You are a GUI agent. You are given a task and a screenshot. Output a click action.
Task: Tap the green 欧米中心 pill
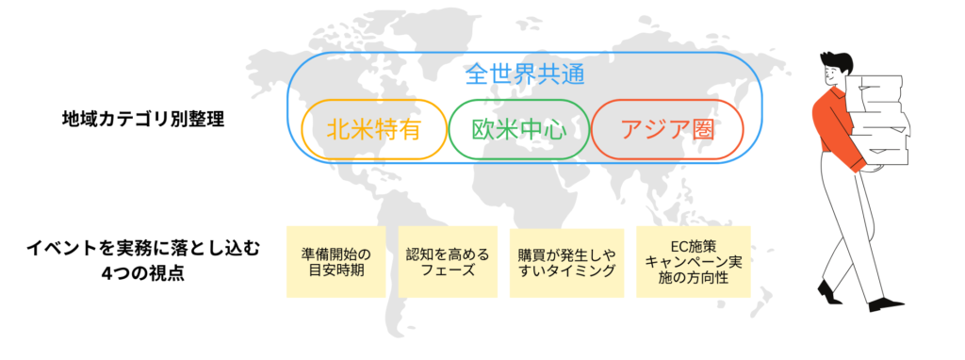pyautogui.click(x=518, y=128)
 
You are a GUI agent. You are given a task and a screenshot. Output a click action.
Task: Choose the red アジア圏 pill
pyautogui.click(x=667, y=128)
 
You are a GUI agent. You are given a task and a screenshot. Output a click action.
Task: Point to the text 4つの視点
pyautogui.click(x=142, y=273)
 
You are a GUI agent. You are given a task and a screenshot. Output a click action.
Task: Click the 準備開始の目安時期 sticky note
pyautogui.click(x=335, y=262)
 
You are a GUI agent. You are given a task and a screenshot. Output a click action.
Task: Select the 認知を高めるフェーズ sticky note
pyautogui.click(x=448, y=262)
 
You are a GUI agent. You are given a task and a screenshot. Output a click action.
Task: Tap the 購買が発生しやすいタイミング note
pyautogui.click(x=566, y=262)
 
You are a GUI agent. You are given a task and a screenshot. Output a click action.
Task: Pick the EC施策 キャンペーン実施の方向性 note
pyautogui.click(x=694, y=262)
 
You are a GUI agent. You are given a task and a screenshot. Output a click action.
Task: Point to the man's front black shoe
pyautogui.click(x=885, y=304)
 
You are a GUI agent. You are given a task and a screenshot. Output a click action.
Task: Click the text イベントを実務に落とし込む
pyautogui.click(x=142, y=250)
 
